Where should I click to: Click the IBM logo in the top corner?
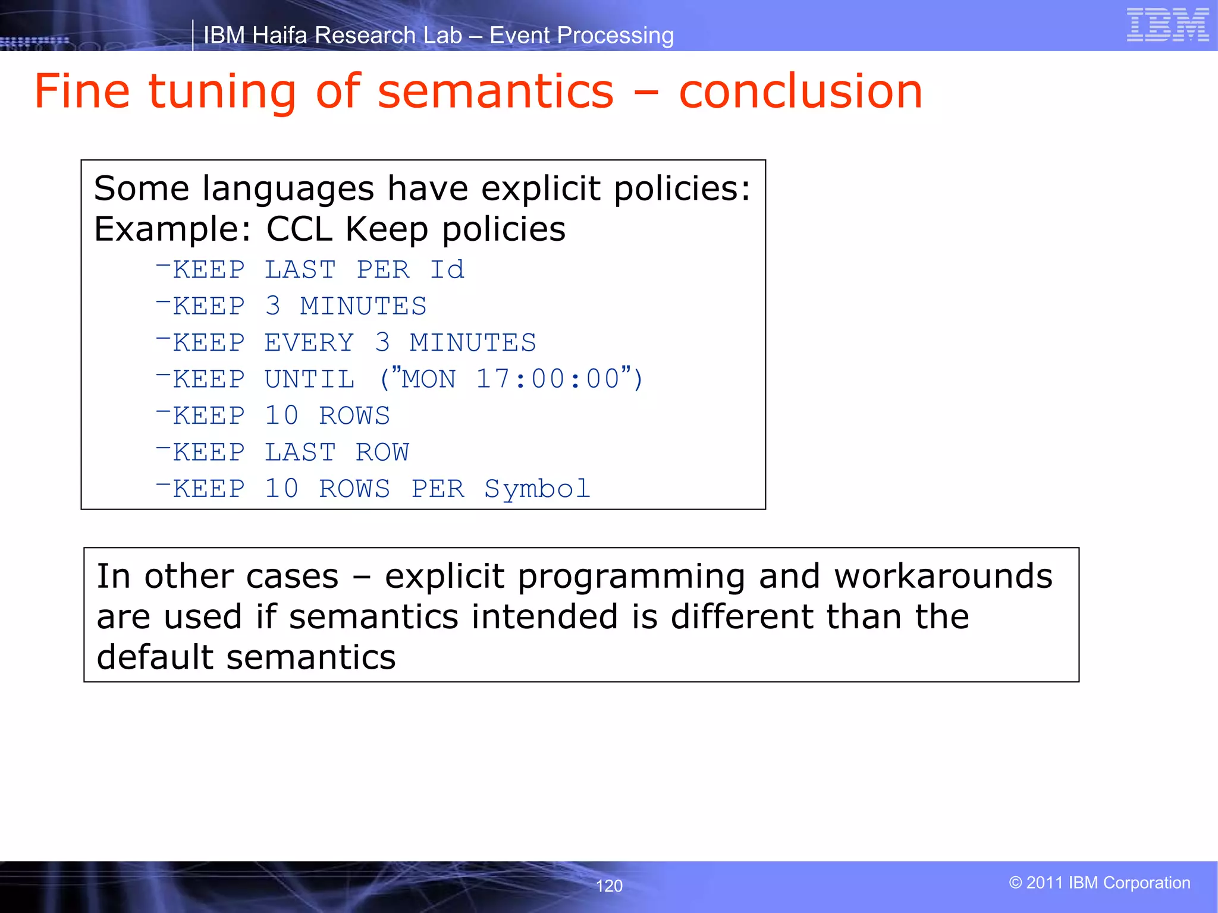tap(1167, 25)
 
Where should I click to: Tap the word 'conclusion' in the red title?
tap(801, 92)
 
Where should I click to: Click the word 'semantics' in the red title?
tap(495, 92)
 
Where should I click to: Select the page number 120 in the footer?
tap(609, 886)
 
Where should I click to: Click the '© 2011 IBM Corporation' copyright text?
tap(1100, 883)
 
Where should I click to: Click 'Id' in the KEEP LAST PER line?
tap(447, 270)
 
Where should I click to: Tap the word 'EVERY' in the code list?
tap(309, 343)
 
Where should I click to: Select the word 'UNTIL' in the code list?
tap(310, 379)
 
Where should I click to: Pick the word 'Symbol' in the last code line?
tap(537, 489)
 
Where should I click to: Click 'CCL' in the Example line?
tap(299, 229)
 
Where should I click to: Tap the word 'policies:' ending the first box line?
tap(682, 189)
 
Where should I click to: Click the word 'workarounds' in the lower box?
tap(943, 577)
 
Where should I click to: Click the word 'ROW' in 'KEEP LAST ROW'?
tap(382, 452)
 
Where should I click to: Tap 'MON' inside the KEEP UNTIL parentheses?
tap(429, 379)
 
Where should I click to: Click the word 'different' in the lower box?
tap(742, 617)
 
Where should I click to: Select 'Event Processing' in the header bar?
tap(581, 36)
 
